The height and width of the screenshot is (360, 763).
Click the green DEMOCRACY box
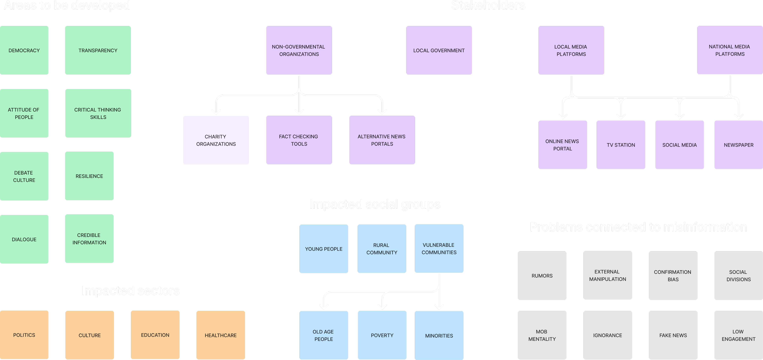(x=24, y=50)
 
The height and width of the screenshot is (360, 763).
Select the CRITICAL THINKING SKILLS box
(x=98, y=113)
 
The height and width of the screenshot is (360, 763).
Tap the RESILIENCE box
(x=89, y=176)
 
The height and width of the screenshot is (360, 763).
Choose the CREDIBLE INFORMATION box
(x=89, y=239)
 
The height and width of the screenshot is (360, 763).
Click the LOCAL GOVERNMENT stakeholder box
(x=439, y=50)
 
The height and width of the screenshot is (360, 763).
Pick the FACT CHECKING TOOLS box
(x=299, y=140)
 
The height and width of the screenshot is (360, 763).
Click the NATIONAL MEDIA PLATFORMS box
(x=729, y=50)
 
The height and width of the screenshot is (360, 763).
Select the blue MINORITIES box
(x=439, y=335)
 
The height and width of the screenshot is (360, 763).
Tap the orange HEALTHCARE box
(x=221, y=335)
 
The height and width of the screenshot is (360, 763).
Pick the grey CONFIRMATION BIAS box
(x=673, y=276)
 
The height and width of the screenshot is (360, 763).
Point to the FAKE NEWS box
(x=673, y=335)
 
